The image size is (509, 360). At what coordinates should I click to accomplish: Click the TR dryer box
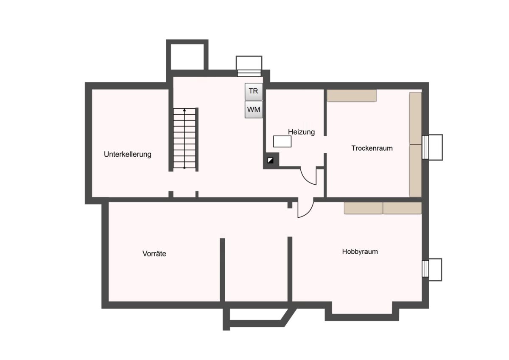click(254, 91)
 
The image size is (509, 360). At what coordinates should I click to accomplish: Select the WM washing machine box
click(254, 110)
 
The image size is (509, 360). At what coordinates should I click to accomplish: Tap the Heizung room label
click(301, 132)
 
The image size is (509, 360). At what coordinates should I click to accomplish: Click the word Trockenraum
click(372, 148)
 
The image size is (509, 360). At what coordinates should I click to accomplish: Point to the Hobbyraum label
click(360, 251)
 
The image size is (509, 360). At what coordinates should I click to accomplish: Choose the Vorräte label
click(154, 253)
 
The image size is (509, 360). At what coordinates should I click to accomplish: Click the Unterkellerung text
click(128, 154)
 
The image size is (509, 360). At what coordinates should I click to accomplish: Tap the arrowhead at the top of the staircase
click(185, 110)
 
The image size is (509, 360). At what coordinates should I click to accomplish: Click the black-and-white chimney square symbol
click(271, 160)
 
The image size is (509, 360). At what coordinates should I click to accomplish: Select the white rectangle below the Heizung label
click(282, 141)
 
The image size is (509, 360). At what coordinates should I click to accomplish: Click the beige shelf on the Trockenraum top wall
click(352, 96)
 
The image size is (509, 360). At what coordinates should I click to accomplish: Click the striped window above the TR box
click(249, 73)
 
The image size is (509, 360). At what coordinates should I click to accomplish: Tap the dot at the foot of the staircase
click(185, 168)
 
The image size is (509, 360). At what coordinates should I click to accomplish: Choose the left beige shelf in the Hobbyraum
click(364, 208)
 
